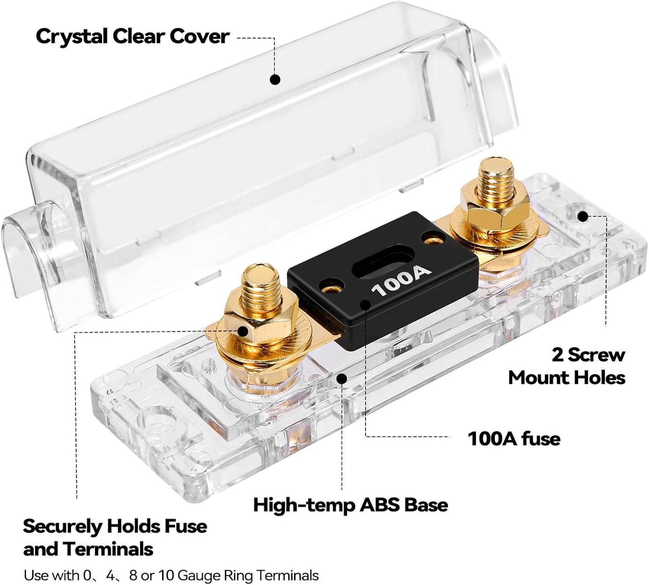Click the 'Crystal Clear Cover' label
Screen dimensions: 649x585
(x=132, y=36)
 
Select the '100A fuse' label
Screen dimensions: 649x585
(x=514, y=438)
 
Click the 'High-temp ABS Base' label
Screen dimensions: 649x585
(x=350, y=505)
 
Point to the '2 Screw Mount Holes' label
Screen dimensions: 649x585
(x=567, y=366)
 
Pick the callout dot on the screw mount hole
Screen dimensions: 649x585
(x=583, y=216)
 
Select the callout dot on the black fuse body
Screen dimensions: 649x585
(x=366, y=305)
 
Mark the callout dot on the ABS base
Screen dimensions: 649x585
(x=342, y=378)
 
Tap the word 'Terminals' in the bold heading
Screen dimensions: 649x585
(x=108, y=549)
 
